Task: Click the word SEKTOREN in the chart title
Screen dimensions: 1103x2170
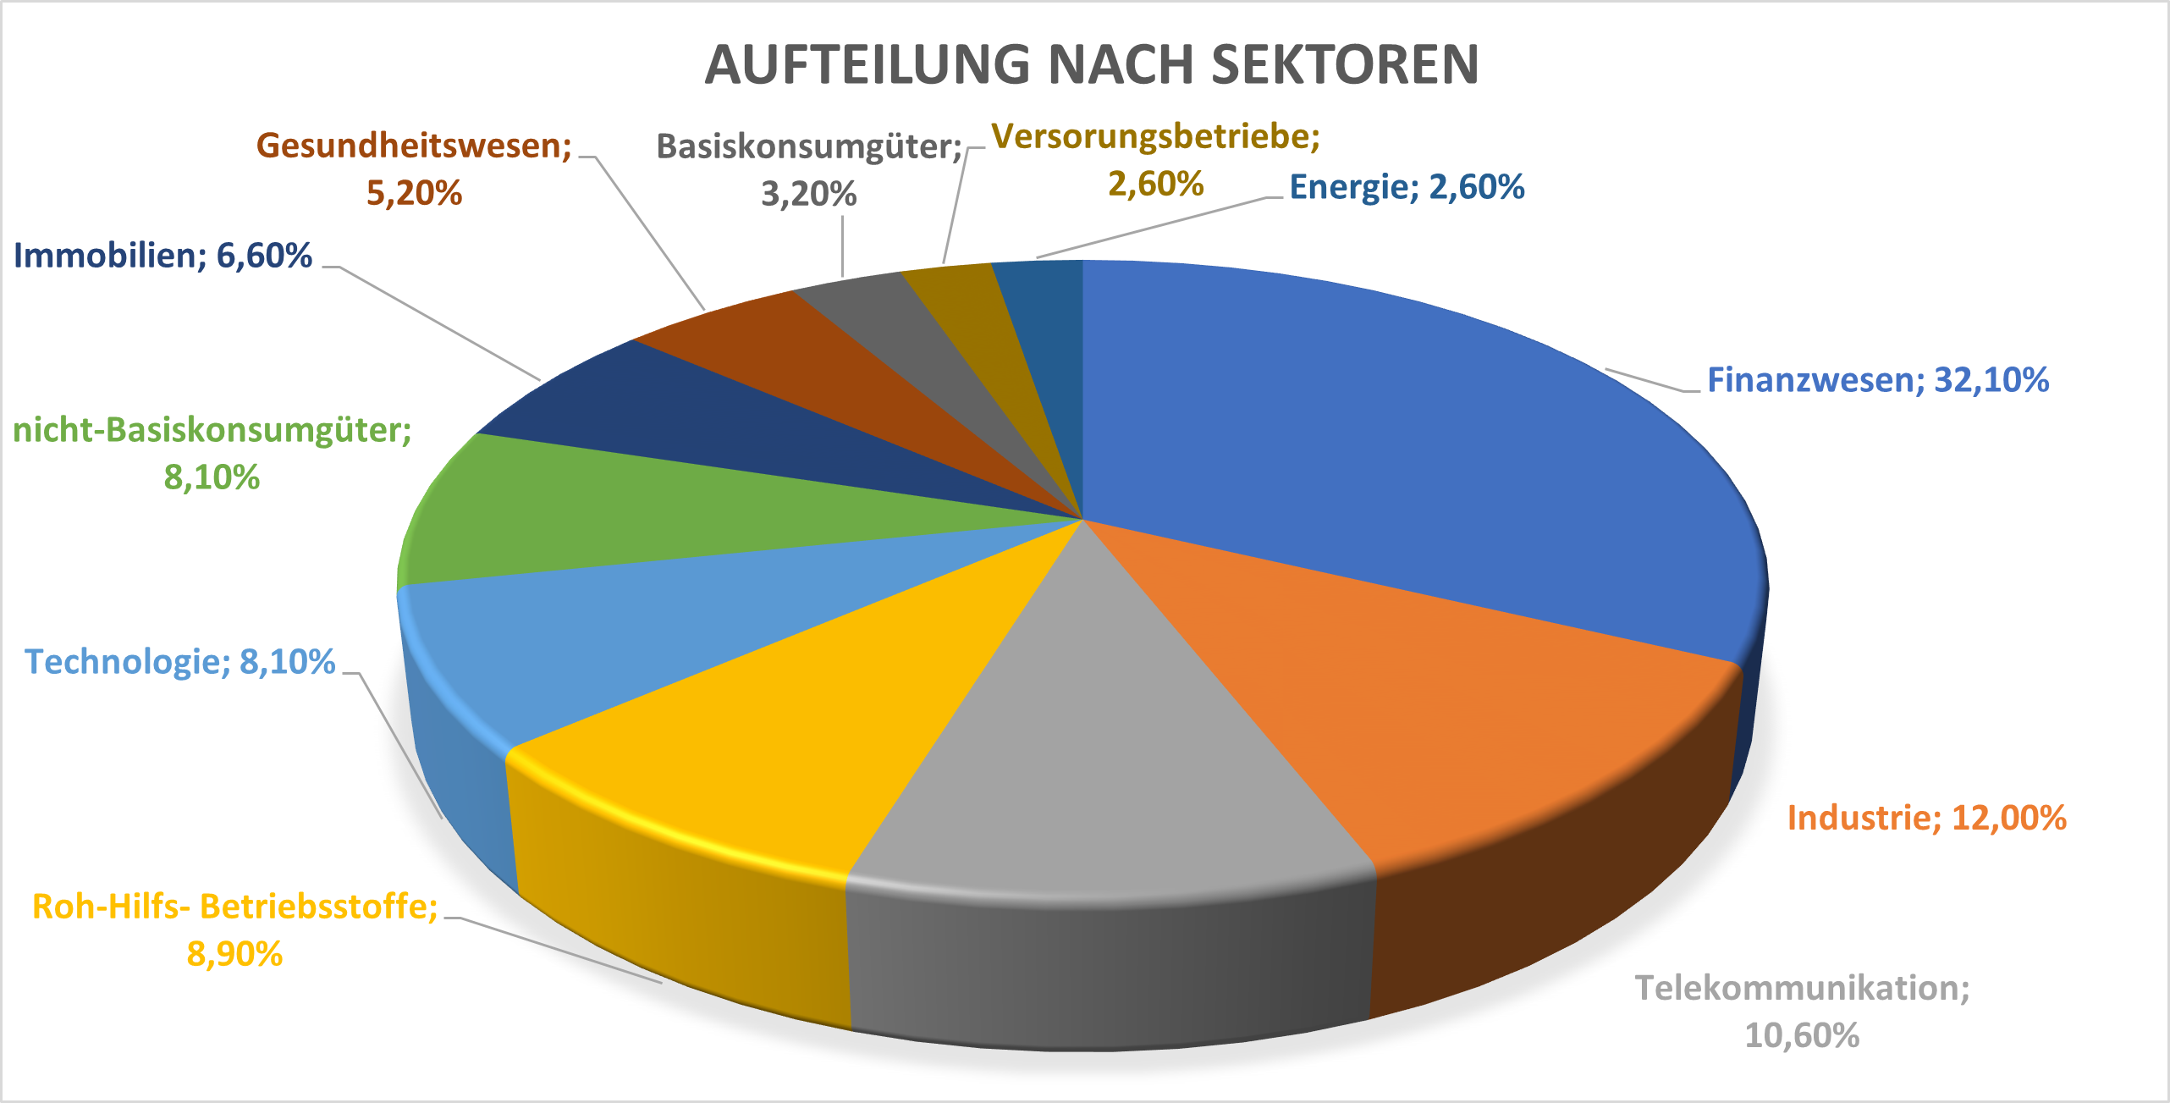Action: click(x=1345, y=64)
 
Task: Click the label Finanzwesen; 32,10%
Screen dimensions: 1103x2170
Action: click(x=1877, y=380)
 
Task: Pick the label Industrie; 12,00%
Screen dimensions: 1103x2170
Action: click(x=1926, y=818)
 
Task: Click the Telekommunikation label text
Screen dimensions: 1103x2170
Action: click(x=1802, y=988)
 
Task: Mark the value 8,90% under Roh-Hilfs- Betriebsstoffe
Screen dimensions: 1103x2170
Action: click(x=234, y=954)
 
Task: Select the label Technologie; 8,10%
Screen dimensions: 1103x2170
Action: click(x=180, y=662)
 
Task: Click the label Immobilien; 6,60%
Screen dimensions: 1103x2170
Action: click(x=163, y=256)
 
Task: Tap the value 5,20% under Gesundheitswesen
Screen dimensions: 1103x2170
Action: click(x=414, y=193)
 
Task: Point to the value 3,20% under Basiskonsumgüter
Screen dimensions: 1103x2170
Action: click(x=808, y=195)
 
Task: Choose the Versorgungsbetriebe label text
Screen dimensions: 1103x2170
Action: click(x=1155, y=136)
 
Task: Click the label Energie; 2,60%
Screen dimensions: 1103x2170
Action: click(x=1407, y=187)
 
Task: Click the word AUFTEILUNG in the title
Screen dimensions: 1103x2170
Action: click(x=867, y=64)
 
